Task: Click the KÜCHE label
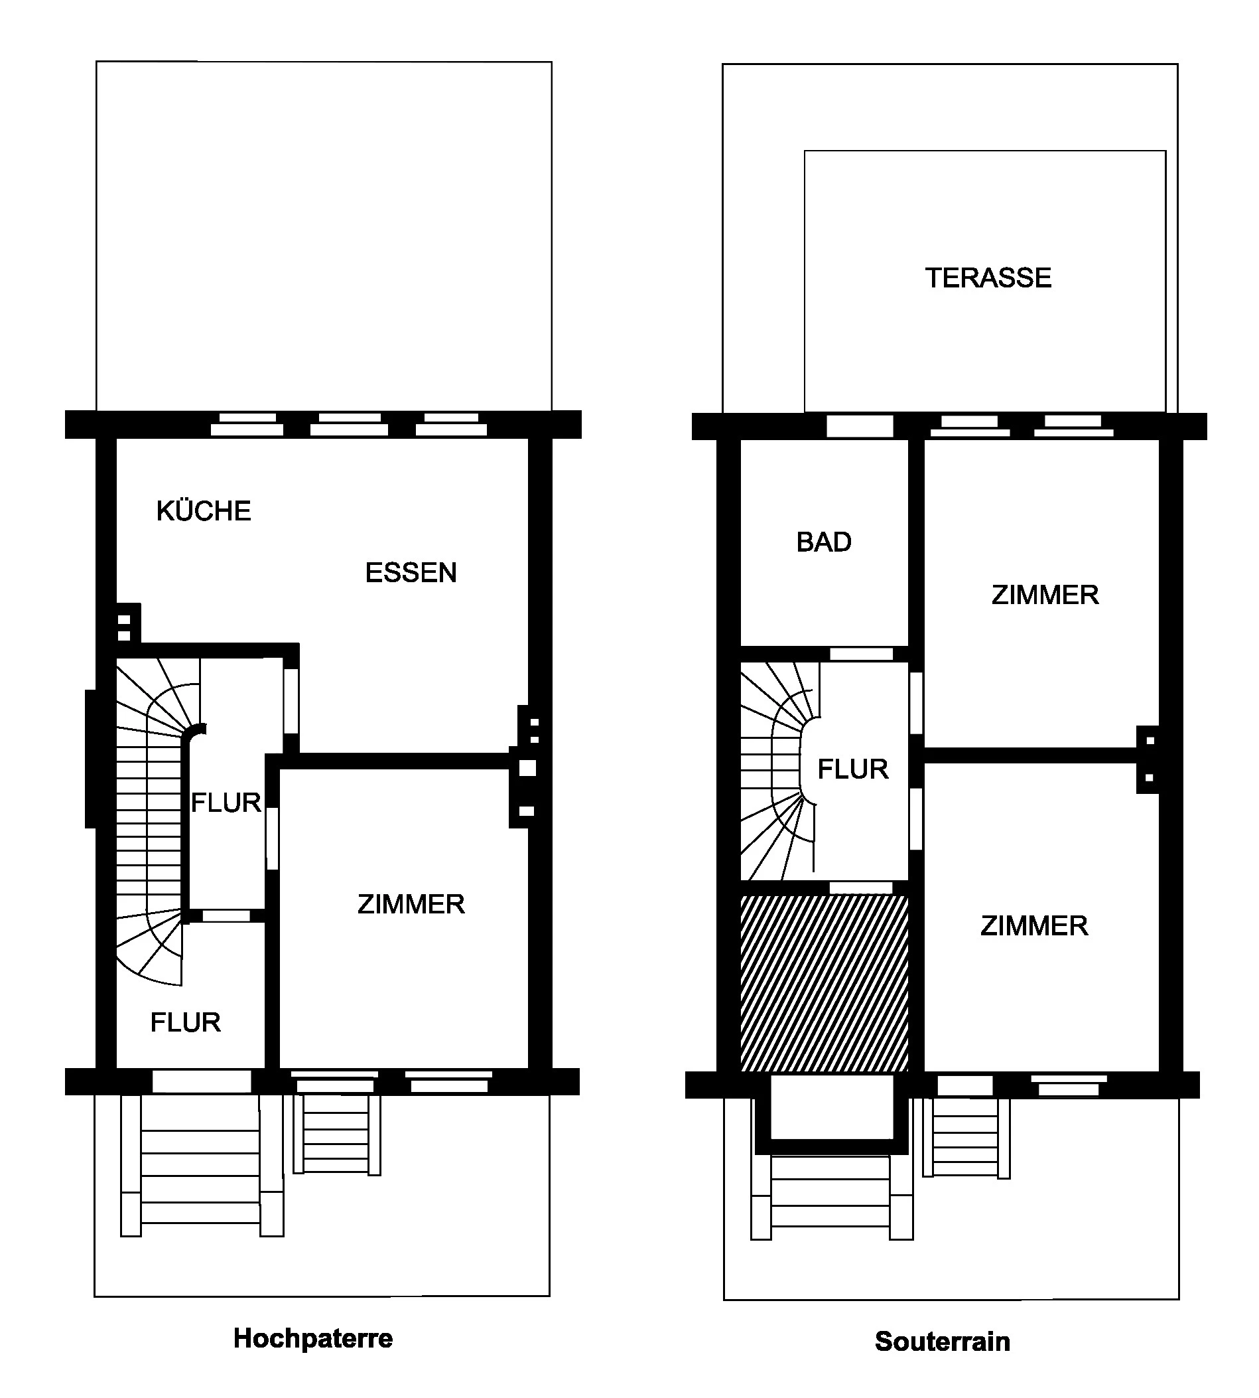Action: (x=204, y=510)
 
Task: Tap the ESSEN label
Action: (x=411, y=573)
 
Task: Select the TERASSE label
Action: (x=988, y=278)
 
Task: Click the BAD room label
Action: (x=824, y=542)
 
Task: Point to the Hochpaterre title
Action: (x=312, y=1338)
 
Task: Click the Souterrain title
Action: (x=942, y=1342)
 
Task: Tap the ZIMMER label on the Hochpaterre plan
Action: (x=411, y=904)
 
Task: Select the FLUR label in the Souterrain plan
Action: (x=853, y=769)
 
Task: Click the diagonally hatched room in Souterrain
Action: (x=824, y=983)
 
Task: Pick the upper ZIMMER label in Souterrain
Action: (x=1045, y=595)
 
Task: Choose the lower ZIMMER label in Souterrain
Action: (x=1034, y=926)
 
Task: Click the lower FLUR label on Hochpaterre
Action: (x=185, y=1022)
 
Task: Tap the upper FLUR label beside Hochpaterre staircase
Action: (x=226, y=803)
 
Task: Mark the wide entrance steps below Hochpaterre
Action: (x=202, y=1165)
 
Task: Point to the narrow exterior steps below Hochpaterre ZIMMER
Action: (x=337, y=1134)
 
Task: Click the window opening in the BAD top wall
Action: (x=860, y=426)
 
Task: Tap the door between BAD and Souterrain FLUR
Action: (x=861, y=654)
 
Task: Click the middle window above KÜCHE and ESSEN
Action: (x=350, y=424)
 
